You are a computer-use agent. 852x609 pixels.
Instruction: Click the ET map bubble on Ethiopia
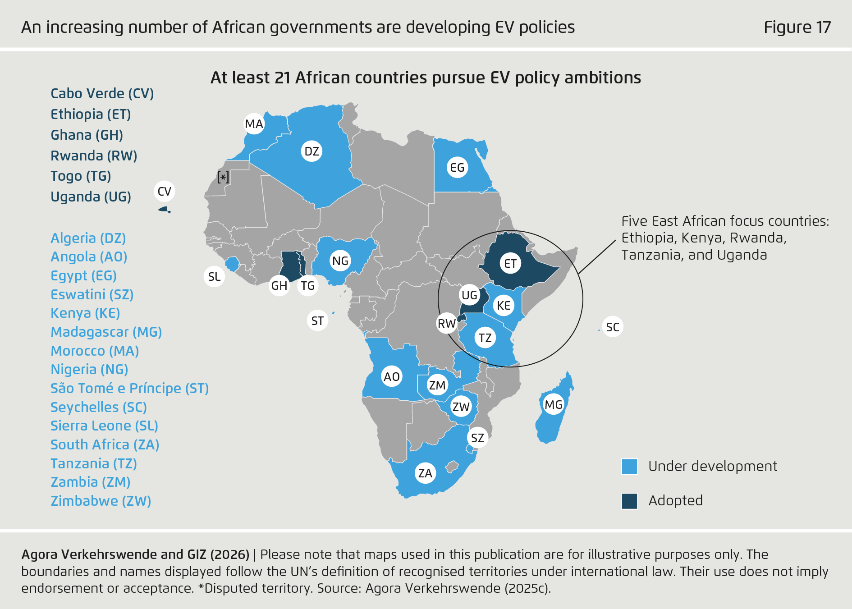pos(510,264)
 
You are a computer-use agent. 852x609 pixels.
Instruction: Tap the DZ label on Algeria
pos(311,151)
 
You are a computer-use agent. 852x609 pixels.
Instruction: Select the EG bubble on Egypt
pos(457,168)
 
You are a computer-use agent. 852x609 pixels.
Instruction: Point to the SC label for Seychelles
pos(612,327)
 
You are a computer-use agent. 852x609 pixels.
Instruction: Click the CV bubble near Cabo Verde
pos(164,192)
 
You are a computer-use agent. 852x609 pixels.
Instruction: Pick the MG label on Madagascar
pos(553,405)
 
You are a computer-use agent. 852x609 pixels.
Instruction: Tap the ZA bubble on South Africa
pos(425,473)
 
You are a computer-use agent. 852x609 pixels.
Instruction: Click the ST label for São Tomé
pos(317,321)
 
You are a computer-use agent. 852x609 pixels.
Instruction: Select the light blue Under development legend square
pos(629,467)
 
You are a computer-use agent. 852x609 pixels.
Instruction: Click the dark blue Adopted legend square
pos(629,501)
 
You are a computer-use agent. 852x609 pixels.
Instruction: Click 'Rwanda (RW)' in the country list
pos(94,156)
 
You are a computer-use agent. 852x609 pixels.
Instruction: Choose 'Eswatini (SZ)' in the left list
pos(92,295)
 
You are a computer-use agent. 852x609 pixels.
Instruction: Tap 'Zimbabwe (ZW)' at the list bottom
pos(101,501)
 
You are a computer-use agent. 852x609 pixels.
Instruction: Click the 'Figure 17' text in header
pos(797,27)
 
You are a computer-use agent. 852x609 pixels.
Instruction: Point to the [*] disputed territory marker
pos(223,177)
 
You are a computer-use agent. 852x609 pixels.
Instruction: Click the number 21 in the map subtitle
pos(282,78)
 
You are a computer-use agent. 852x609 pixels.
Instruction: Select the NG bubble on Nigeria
pos(340,261)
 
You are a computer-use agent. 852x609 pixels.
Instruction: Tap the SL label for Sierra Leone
pos(214,277)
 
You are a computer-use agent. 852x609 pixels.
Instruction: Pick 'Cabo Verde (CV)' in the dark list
pos(102,94)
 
